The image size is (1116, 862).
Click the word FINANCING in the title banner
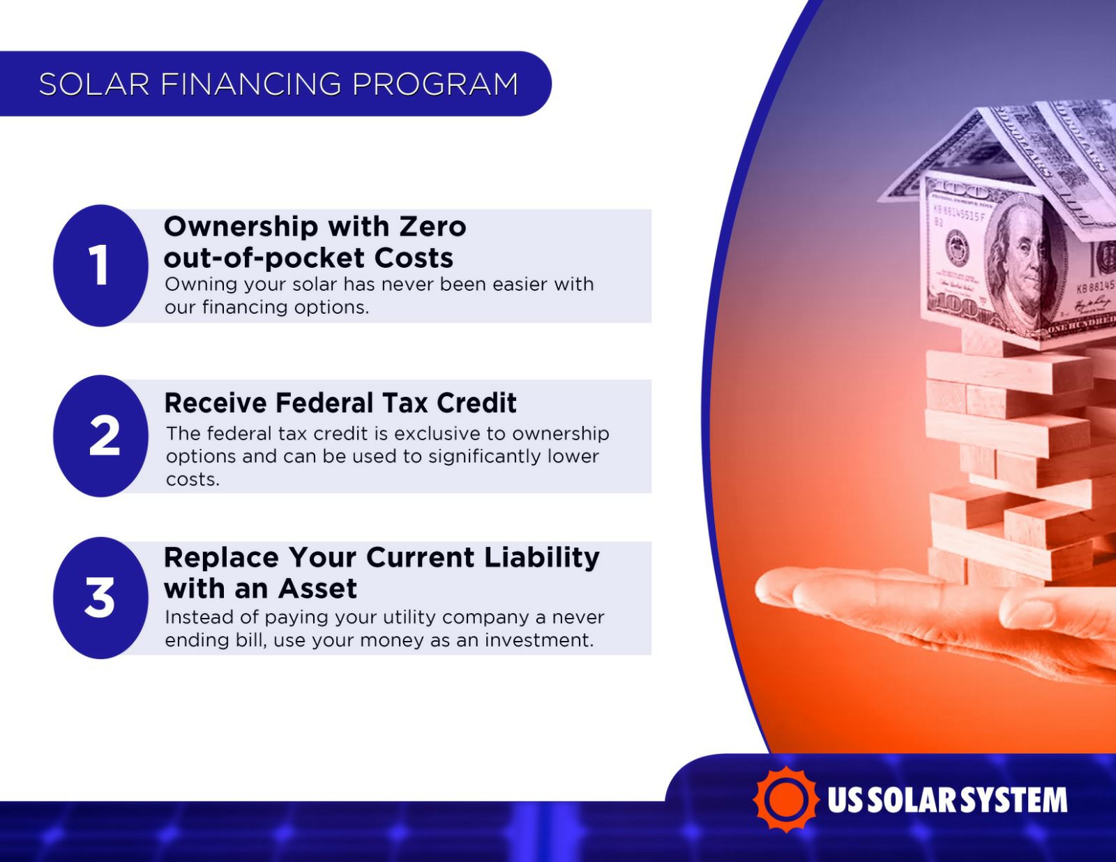250,84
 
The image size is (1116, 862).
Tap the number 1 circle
100,266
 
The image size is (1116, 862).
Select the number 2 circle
100,436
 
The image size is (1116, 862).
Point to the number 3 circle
100,598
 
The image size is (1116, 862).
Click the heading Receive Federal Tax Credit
340,403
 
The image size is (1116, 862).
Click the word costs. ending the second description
193,480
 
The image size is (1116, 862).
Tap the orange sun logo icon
786,800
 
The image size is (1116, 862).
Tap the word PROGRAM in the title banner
435,84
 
